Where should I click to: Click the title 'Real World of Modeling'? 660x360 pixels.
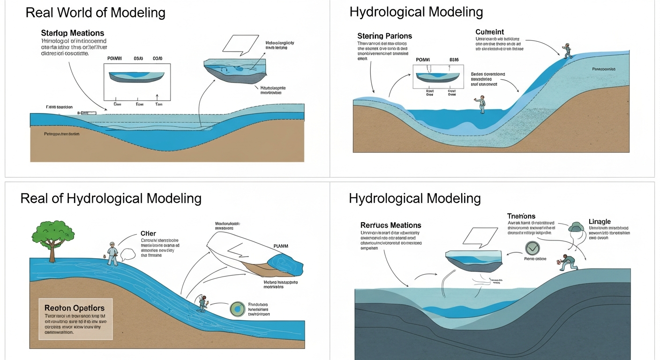(x=95, y=13)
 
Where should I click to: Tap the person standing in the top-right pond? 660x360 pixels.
(x=481, y=104)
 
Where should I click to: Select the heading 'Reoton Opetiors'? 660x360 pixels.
(x=74, y=308)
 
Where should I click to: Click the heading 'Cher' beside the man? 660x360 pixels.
(x=148, y=233)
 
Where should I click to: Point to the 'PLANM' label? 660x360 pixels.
(x=281, y=246)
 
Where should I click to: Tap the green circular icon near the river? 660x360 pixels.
(x=238, y=309)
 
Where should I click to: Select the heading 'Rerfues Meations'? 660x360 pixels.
(x=390, y=225)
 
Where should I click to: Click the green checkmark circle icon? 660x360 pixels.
(x=532, y=248)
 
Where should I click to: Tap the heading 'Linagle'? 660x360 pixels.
(x=600, y=221)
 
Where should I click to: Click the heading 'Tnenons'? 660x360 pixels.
(x=521, y=216)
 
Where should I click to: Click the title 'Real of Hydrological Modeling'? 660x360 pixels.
(x=111, y=198)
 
